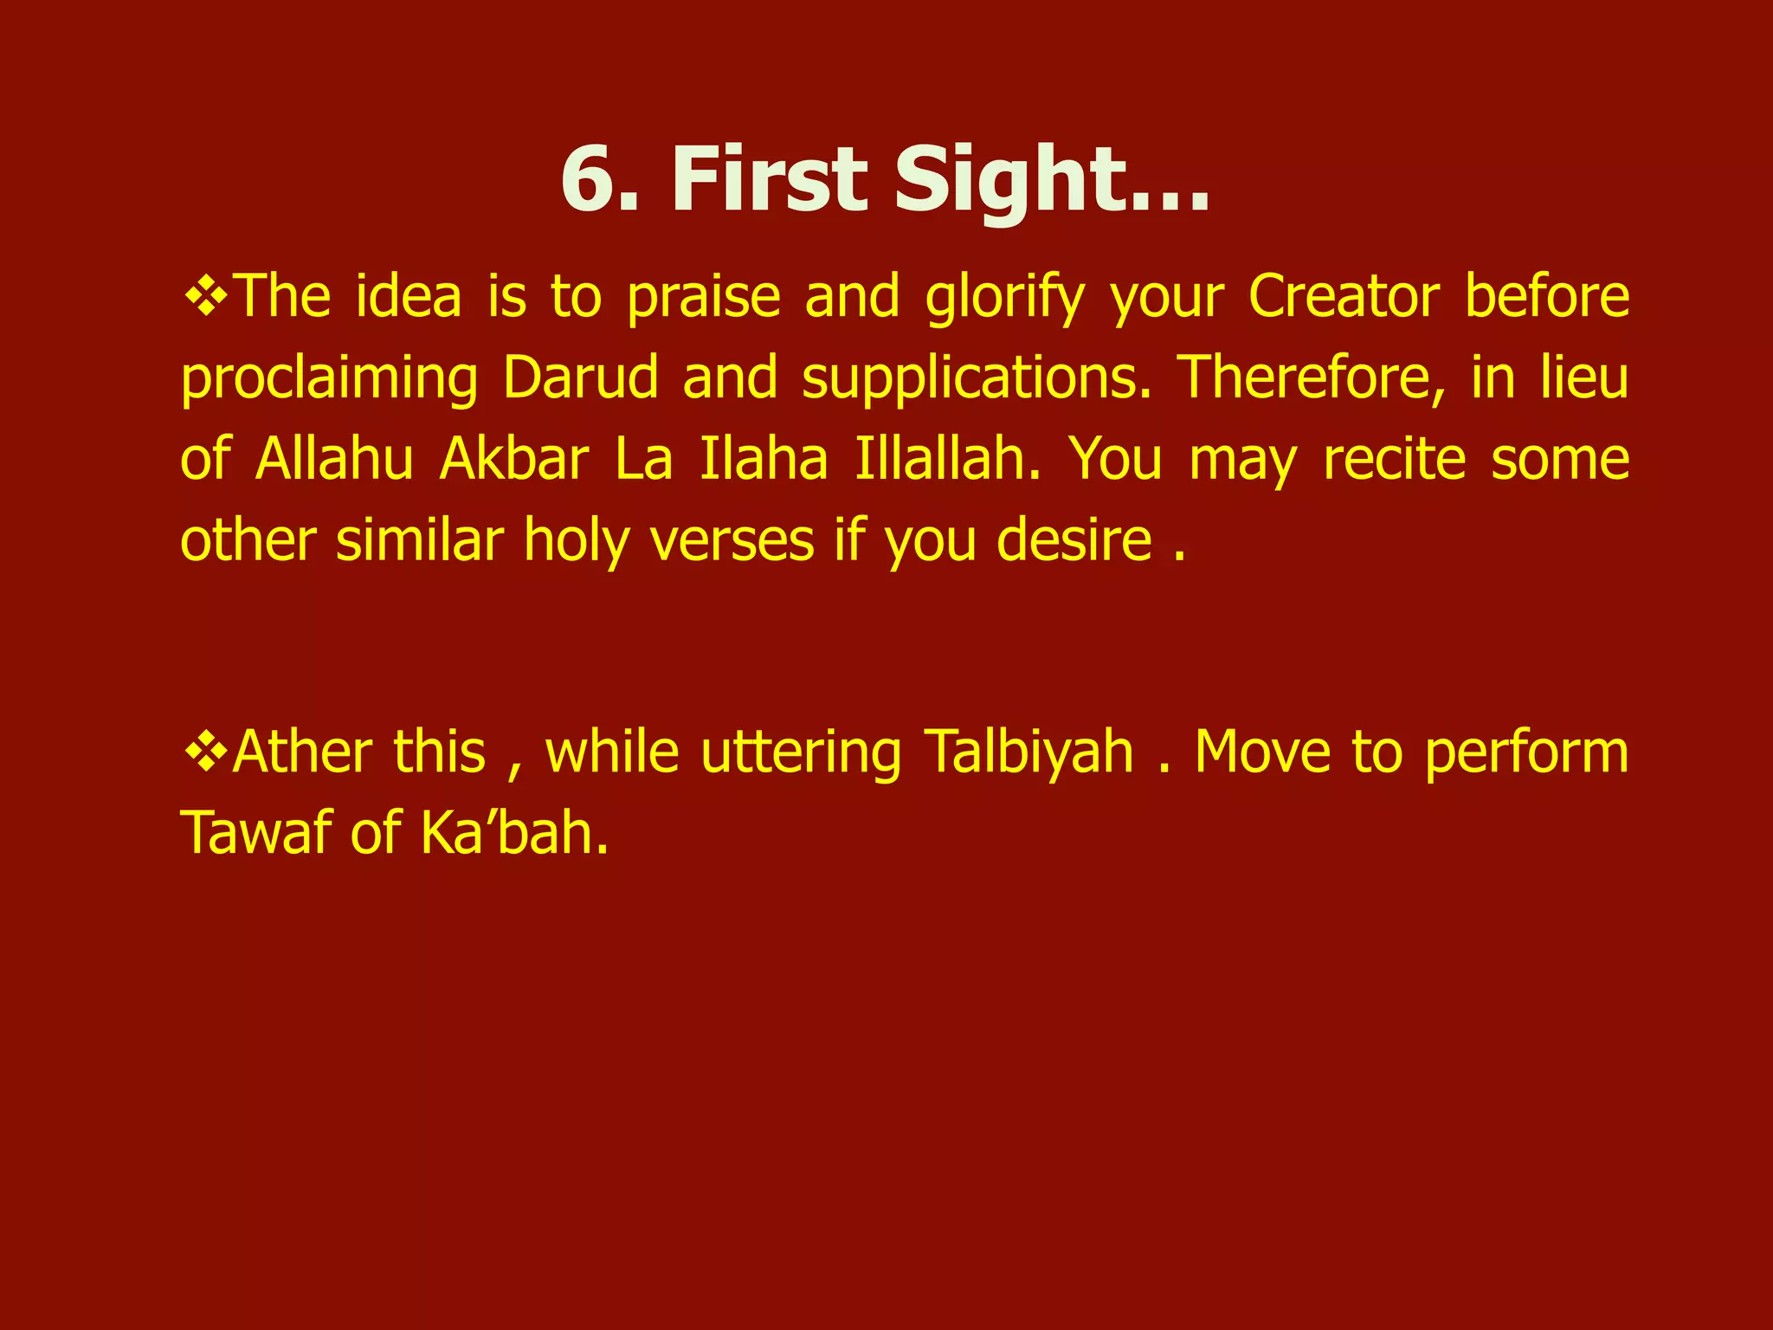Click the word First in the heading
pos(769,179)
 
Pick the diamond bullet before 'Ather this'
pos(206,752)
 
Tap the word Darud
pos(580,378)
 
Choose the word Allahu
pos(335,459)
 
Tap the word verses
pos(732,541)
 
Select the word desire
pos(1073,541)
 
